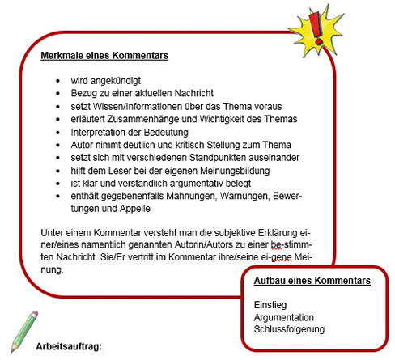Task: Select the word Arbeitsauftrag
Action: (x=69, y=346)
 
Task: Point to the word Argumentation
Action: (x=283, y=317)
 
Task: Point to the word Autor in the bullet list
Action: (x=83, y=145)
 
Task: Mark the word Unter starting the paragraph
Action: (x=53, y=233)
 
